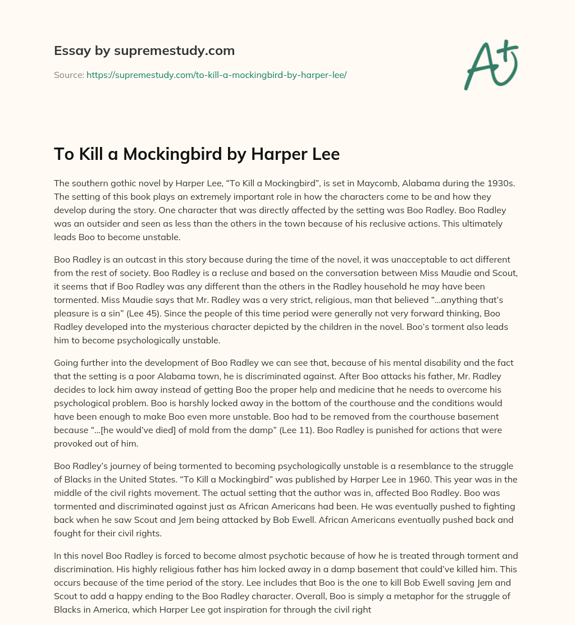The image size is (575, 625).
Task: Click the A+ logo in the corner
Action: (490, 65)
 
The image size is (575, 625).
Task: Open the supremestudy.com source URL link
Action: (216, 75)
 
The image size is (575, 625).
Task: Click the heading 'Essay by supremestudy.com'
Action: (144, 51)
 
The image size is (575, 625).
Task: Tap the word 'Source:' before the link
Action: (69, 75)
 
